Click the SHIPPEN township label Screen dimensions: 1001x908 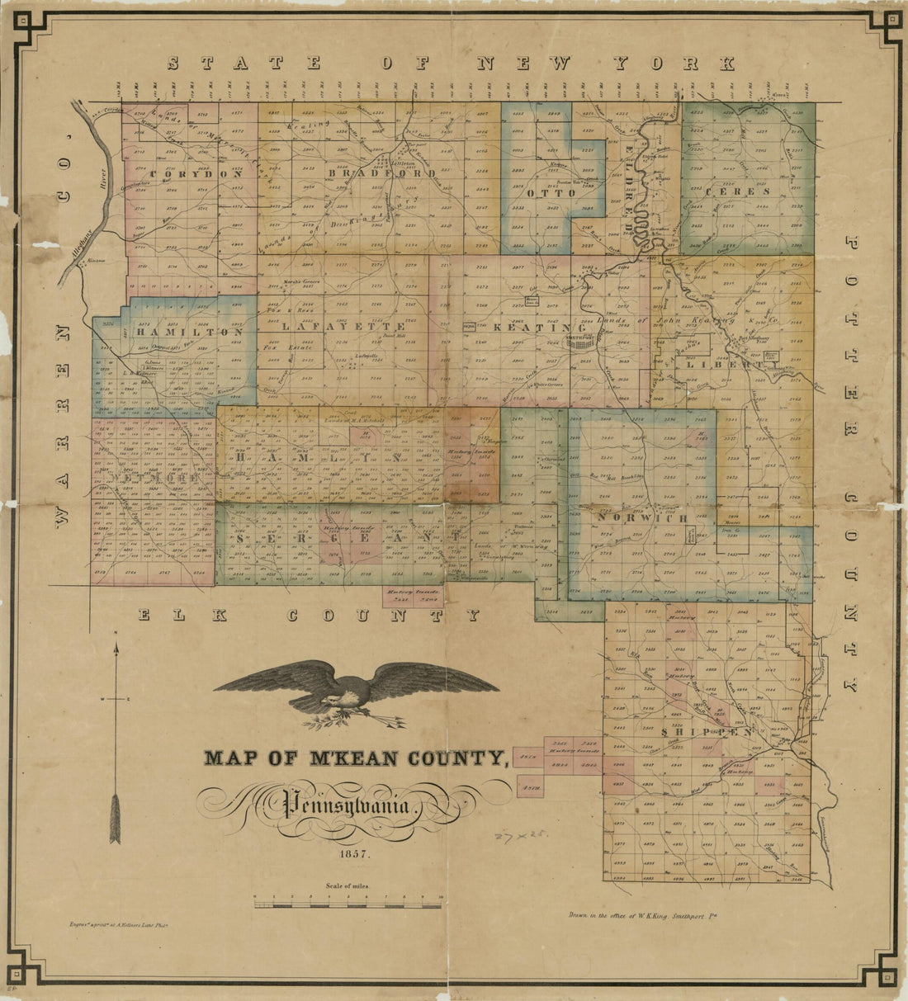tap(707, 731)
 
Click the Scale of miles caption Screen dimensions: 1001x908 tap(348, 885)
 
